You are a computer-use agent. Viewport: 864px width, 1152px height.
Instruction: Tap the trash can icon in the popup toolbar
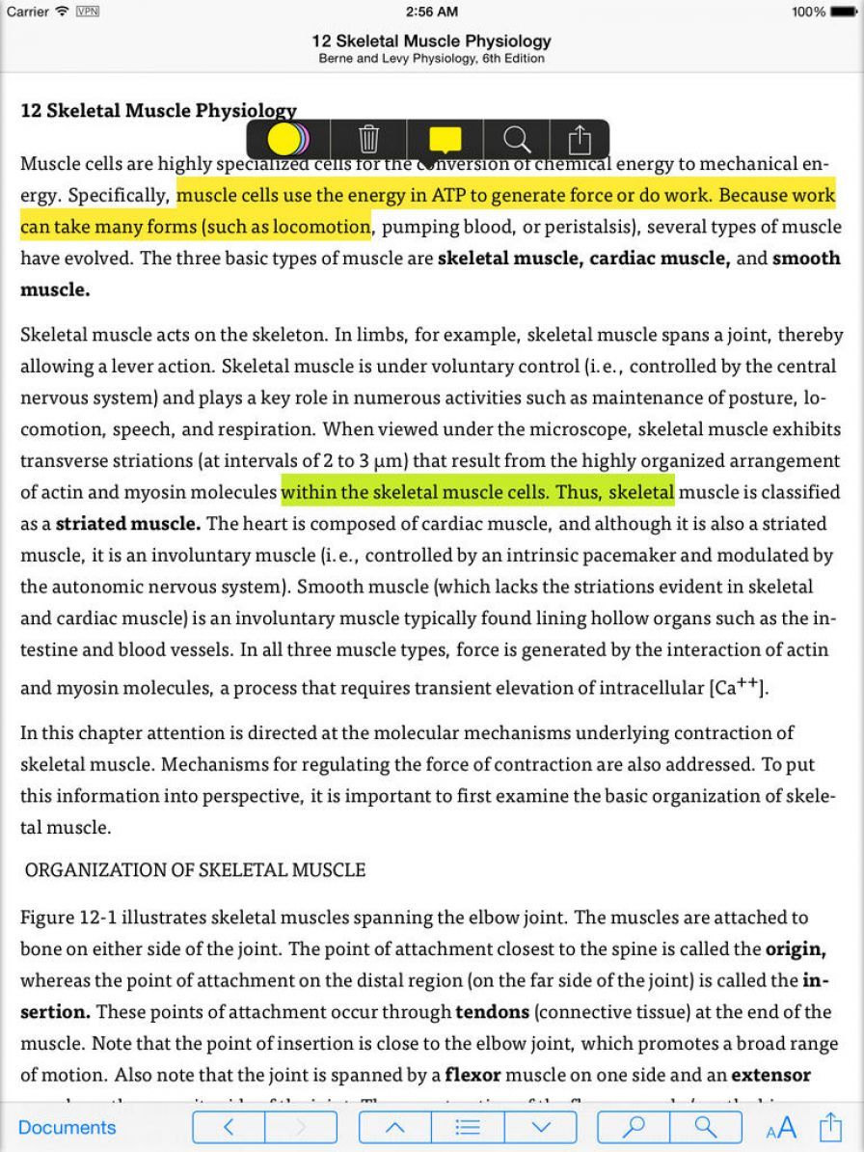(369, 140)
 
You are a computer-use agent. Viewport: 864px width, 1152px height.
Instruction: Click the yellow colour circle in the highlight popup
(284, 140)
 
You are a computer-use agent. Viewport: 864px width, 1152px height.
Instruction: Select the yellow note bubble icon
(445, 140)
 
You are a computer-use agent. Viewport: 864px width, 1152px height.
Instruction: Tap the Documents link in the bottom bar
(67, 1127)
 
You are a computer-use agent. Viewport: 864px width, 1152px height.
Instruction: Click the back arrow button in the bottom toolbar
(229, 1127)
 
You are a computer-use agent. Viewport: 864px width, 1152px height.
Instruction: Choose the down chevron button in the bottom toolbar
(541, 1127)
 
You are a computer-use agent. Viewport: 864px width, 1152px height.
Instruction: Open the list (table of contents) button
(468, 1127)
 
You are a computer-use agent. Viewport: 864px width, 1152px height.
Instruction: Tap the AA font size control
(781, 1127)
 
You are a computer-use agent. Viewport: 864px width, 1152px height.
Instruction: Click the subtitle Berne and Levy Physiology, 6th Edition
(431, 58)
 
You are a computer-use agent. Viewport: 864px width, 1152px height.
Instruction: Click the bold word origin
(796, 948)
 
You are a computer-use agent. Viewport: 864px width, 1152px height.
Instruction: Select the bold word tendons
(493, 1012)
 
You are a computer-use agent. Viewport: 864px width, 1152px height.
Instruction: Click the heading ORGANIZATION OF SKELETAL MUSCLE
(195, 870)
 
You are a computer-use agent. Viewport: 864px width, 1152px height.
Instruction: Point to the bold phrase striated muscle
(128, 524)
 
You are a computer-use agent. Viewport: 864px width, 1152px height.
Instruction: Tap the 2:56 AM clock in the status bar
(431, 12)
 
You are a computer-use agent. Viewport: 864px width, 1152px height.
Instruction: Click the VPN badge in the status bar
(87, 12)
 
